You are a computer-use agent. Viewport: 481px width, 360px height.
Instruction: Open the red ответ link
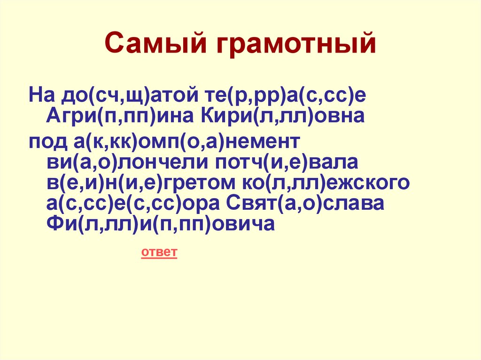point(159,253)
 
